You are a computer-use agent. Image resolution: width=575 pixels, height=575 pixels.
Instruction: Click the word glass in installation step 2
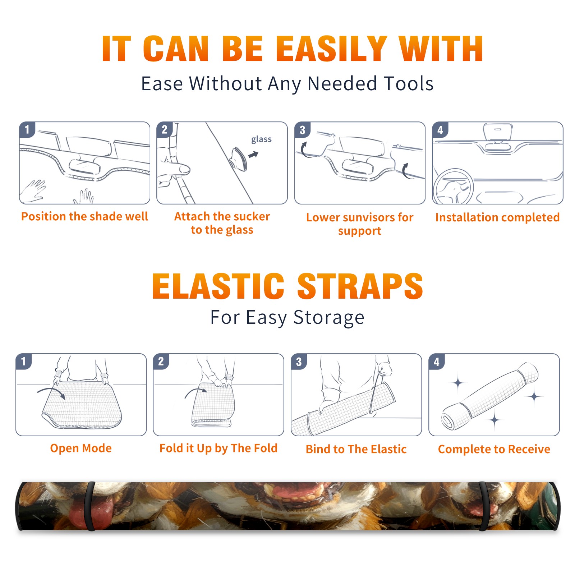261,139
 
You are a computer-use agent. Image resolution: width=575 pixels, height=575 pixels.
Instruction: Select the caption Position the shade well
84,216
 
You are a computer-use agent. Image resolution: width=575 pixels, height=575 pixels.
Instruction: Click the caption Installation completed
497,217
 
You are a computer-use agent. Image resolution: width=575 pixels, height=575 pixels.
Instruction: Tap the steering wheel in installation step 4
453,187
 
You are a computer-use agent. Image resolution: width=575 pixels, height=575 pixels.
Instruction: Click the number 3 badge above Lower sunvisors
302,130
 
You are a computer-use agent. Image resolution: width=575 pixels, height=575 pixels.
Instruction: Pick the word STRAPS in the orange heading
360,286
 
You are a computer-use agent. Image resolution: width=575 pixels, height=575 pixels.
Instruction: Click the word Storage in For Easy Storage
328,318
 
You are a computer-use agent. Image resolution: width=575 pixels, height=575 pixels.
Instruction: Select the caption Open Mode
81,448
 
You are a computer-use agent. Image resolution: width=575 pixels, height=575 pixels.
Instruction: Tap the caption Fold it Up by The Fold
218,448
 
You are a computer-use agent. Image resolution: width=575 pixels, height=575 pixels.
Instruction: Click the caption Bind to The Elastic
356,449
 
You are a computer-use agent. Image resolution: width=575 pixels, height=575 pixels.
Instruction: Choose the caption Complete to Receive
494,449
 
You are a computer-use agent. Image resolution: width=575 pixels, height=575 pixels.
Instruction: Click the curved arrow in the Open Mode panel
51,391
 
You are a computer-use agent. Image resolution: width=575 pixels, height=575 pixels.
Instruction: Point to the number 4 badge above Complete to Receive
437,362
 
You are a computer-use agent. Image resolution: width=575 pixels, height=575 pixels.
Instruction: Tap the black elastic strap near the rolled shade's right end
483,506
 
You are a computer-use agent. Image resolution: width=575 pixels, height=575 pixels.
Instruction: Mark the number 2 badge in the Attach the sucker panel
165,130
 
